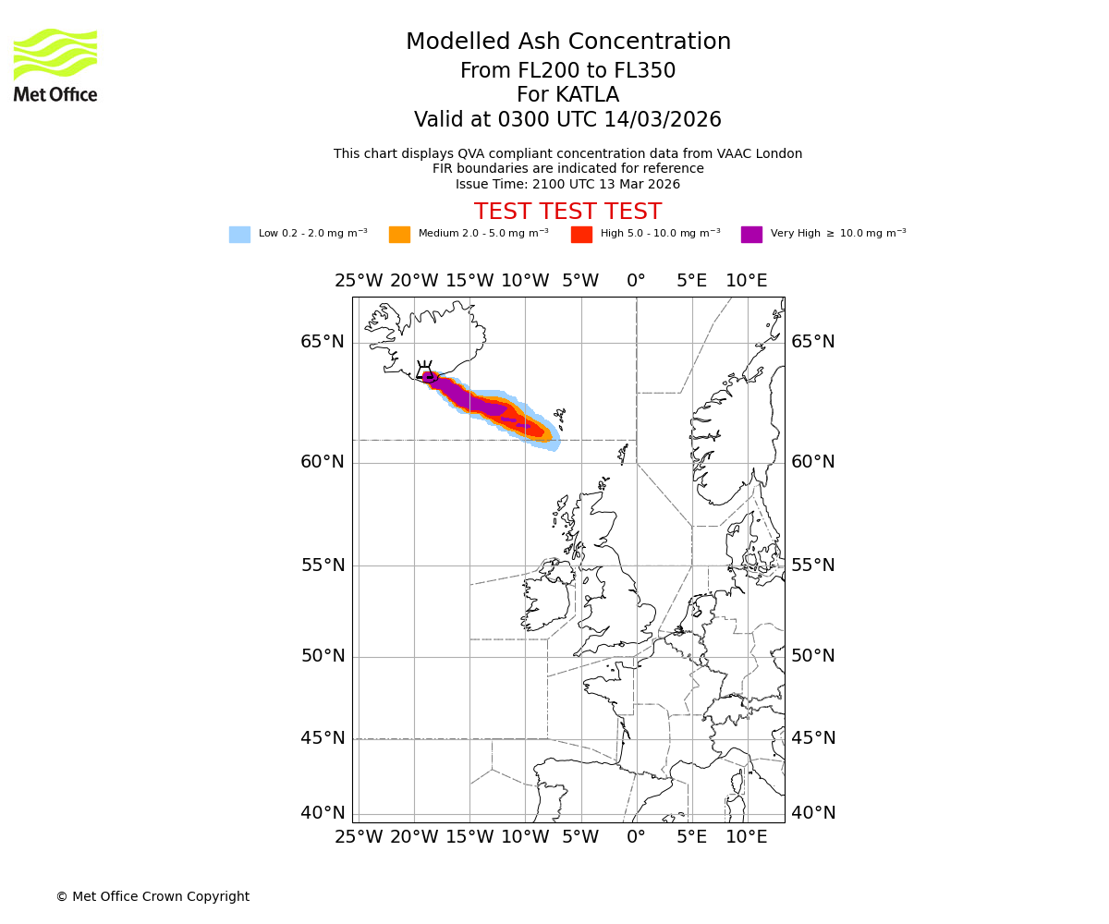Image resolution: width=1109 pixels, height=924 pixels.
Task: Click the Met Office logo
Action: point(55,65)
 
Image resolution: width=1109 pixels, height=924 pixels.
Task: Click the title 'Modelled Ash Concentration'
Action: point(567,42)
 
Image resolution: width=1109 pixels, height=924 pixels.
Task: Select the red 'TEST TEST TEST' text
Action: point(567,212)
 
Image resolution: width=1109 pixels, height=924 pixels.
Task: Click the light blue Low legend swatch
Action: point(239,235)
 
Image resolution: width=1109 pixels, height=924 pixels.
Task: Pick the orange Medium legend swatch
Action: point(399,235)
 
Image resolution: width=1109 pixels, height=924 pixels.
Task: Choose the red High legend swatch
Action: point(581,235)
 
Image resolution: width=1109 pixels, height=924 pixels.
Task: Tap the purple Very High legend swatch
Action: point(751,235)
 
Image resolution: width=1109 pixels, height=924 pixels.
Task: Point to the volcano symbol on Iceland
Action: point(425,371)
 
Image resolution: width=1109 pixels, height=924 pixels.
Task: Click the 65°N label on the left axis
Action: point(323,342)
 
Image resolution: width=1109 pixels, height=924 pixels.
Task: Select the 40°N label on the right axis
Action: point(812,813)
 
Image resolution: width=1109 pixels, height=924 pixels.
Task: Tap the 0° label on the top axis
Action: point(636,281)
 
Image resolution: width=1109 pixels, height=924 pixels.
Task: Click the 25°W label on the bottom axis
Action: point(359,837)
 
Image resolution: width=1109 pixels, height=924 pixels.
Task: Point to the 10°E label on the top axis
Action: point(747,281)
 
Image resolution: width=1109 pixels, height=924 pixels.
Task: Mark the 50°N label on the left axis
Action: point(323,656)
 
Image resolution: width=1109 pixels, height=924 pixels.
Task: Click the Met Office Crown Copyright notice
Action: point(152,896)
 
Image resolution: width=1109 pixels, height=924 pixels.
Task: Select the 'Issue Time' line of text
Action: point(567,184)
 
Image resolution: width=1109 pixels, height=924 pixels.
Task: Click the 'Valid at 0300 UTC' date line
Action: point(567,120)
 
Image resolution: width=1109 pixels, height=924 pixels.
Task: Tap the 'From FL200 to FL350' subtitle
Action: point(567,71)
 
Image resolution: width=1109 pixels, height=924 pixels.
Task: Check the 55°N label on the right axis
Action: point(812,565)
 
